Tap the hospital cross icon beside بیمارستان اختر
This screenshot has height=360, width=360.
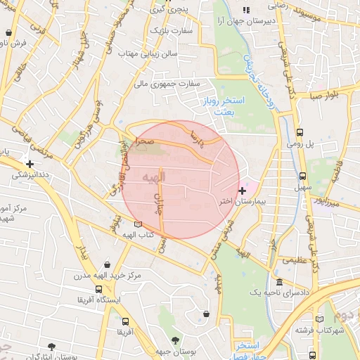(x=243, y=191)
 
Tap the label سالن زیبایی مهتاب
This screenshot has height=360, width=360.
(x=146, y=53)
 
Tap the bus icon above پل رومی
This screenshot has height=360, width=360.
(x=300, y=132)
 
